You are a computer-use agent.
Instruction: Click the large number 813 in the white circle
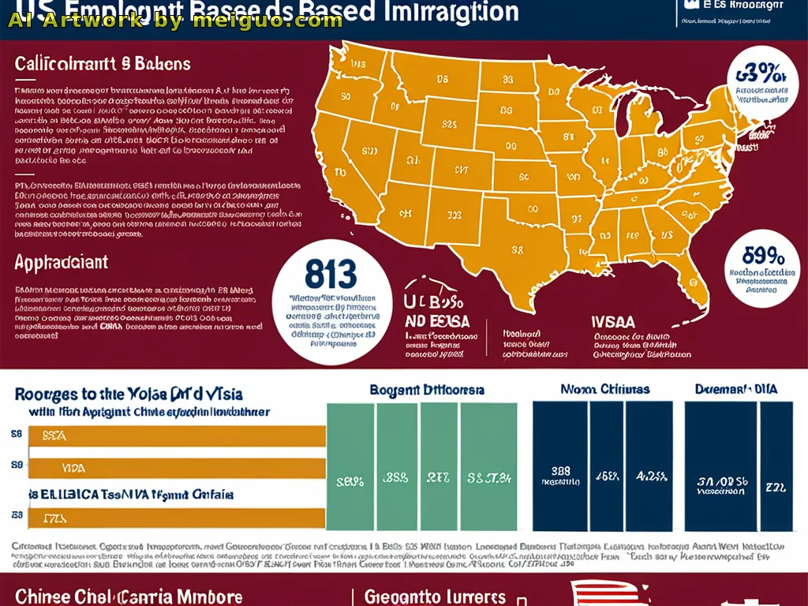pyautogui.click(x=330, y=276)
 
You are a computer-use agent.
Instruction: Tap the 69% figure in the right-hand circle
pyautogui.click(x=763, y=256)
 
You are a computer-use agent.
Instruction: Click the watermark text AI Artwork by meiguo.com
pyautogui.click(x=175, y=21)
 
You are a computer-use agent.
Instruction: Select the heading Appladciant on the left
pyautogui.click(x=61, y=262)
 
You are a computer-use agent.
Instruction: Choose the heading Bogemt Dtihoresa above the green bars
pyautogui.click(x=427, y=390)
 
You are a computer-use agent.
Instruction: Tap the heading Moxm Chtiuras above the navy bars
pyautogui.click(x=604, y=389)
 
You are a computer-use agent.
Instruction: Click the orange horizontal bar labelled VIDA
pyautogui.click(x=178, y=468)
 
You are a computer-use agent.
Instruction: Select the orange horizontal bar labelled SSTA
pyautogui.click(x=178, y=435)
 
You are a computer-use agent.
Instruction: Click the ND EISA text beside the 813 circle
pyautogui.click(x=437, y=321)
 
